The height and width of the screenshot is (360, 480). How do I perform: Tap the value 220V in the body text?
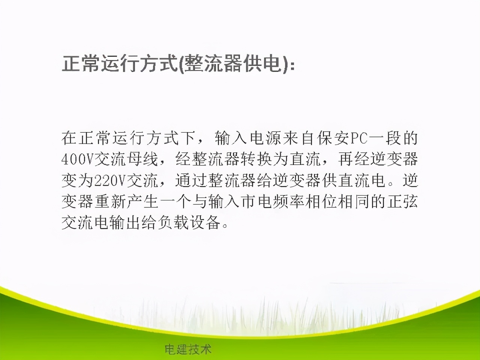[110, 181]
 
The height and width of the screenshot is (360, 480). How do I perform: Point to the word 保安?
[332, 138]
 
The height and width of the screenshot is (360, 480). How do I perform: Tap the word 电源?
[265, 138]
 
